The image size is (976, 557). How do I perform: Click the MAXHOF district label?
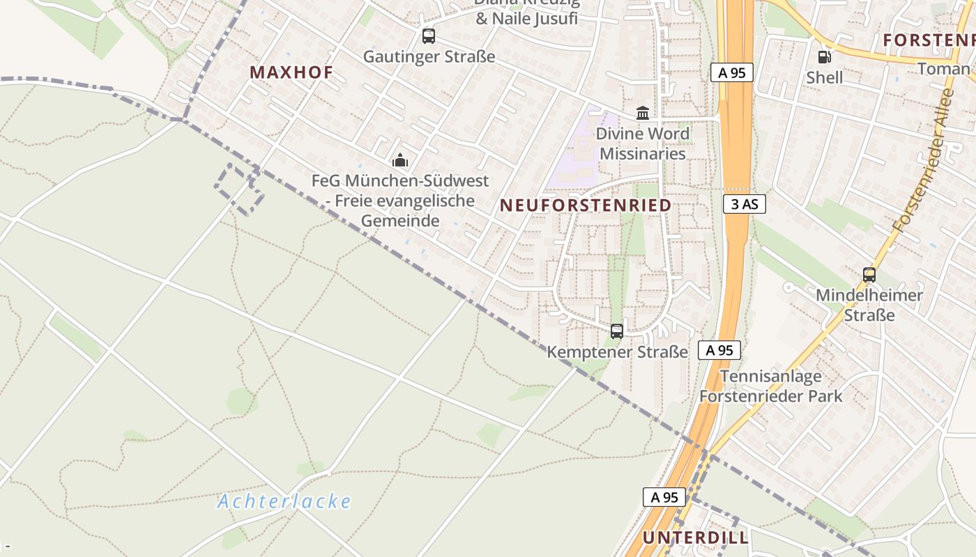coord(291,72)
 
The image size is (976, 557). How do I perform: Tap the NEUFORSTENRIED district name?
coord(586,205)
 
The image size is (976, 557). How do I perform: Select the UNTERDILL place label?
coord(696,538)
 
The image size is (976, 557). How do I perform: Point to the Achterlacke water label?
coord(284,501)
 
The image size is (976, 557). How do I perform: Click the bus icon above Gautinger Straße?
coord(429,36)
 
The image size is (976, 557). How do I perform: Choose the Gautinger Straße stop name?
coord(429,57)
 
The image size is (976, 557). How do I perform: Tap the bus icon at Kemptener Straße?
coord(616,331)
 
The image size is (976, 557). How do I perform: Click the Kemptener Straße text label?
coord(617,352)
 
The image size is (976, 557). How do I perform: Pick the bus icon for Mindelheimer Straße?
coord(869,275)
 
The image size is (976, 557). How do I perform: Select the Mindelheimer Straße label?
coord(869,305)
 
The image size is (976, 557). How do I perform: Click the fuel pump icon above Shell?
coord(824,57)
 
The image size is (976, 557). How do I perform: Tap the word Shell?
coord(825,78)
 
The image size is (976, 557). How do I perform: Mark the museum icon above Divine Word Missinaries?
coord(643,113)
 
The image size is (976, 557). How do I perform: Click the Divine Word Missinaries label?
coord(643,143)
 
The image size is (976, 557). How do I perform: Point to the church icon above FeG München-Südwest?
coord(399,161)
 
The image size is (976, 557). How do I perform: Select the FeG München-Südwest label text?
coord(400,201)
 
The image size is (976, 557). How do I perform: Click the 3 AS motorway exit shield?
coord(745,204)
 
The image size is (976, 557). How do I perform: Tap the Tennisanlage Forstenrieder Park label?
coord(770,386)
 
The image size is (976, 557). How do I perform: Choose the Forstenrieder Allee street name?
coord(923,161)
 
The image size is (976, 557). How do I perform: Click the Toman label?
coord(944,69)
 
